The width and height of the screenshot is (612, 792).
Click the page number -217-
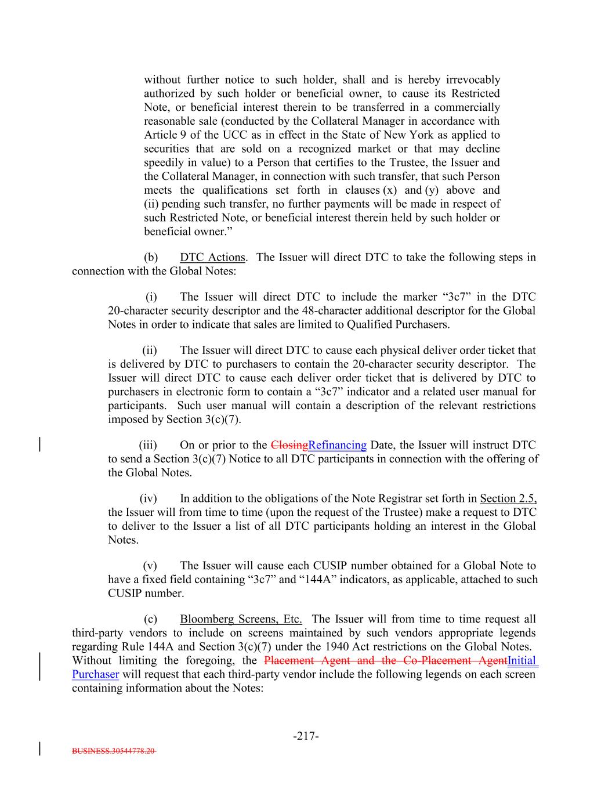306,736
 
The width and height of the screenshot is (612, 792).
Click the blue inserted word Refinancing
337,445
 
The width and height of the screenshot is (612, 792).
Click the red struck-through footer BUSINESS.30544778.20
114,750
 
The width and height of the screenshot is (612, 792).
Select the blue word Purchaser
95,674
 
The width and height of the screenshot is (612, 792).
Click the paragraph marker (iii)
148,445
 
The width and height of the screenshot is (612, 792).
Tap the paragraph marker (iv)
148,498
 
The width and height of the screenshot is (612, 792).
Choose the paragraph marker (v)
150,565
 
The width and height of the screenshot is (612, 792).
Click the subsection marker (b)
150,257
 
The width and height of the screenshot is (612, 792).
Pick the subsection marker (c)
150,619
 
